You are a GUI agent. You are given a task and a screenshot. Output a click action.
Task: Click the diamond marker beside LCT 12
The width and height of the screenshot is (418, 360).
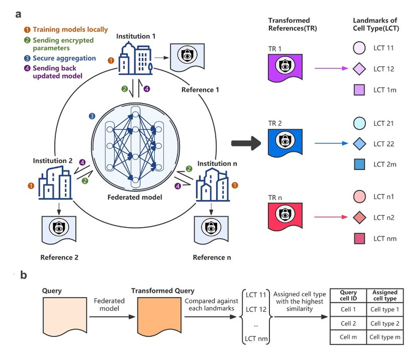point(358,69)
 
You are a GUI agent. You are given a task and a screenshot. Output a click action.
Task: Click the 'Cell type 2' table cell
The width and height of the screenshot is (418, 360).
point(385,324)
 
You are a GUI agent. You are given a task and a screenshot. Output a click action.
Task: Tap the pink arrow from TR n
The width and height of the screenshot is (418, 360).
point(329,215)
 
